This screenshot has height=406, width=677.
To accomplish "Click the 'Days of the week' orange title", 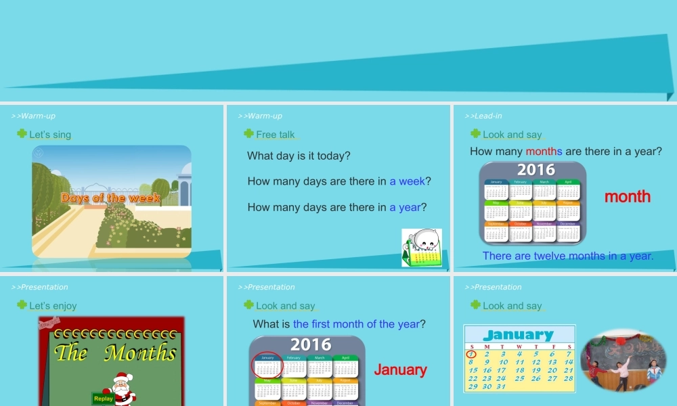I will click(x=111, y=198).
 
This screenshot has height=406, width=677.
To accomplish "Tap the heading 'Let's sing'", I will click(x=50, y=135).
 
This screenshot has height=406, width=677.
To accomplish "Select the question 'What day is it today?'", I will click(x=299, y=156).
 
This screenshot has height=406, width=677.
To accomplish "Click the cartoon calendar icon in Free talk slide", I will click(x=422, y=248).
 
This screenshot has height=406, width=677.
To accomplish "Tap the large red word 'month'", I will click(x=628, y=197).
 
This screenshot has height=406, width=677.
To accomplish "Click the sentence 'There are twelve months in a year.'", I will click(x=568, y=256).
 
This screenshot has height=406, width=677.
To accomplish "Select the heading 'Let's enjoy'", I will click(x=53, y=306).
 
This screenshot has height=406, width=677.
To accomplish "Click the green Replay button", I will click(x=104, y=399).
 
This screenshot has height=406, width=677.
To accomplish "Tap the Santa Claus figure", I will click(x=123, y=388).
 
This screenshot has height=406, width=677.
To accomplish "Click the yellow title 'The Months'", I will click(x=115, y=353).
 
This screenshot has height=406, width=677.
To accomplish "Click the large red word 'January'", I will click(x=401, y=370).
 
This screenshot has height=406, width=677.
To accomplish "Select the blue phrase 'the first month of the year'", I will click(x=356, y=324).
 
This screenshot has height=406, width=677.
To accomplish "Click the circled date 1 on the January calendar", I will click(x=471, y=354).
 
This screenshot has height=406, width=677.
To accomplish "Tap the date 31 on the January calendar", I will click(x=501, y=386).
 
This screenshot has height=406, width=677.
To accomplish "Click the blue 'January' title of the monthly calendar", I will click(x=519, y=335).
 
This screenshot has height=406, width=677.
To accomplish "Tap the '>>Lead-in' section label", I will click(x=483, y=116).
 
